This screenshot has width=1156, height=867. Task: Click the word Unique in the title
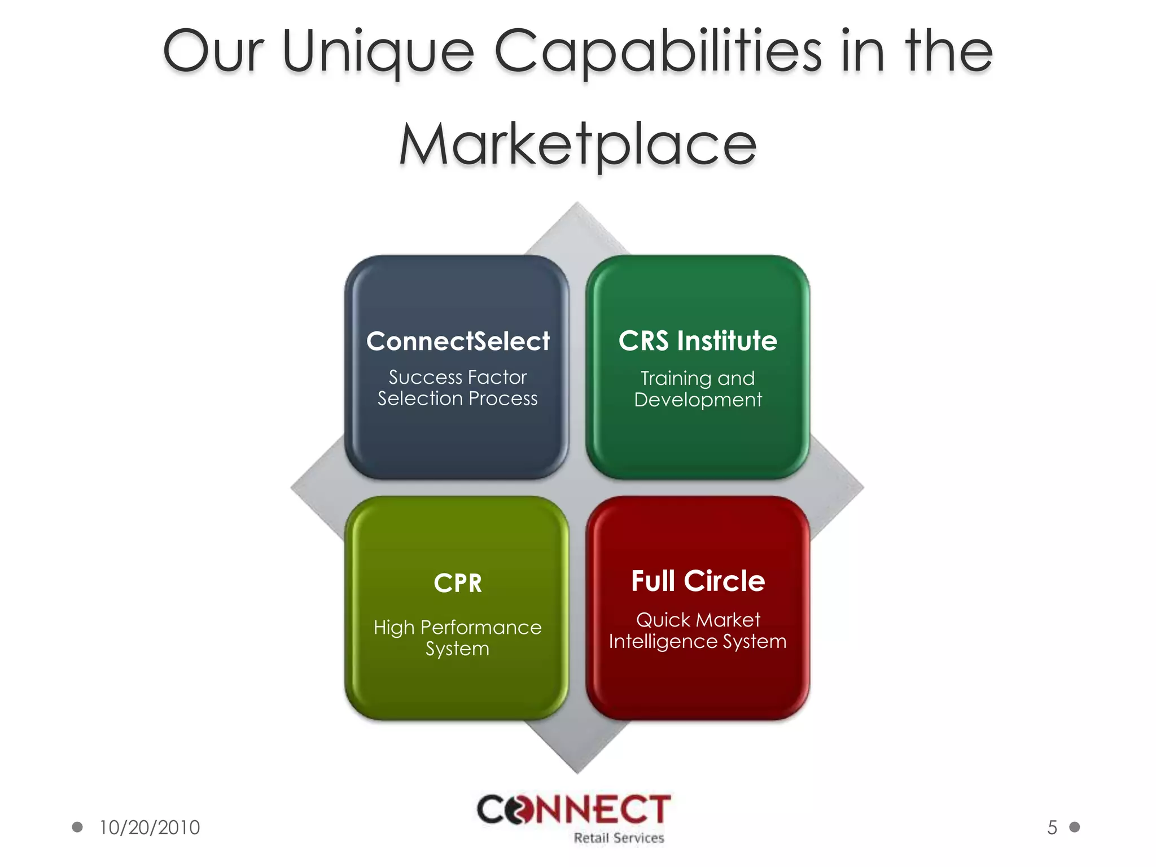pos(378,52)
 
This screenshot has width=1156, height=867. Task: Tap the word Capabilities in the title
pos(658,52)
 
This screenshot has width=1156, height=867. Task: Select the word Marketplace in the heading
pos(577,146)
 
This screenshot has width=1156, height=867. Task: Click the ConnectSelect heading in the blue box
pos(458,341)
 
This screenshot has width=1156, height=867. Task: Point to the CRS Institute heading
pos(698,341)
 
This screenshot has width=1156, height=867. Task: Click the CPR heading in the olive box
pos(458,583)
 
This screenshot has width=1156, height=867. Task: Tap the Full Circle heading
pos(698,581)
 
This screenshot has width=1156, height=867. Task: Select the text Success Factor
pos(458,377)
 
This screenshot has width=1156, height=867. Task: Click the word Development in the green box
pos(698,400)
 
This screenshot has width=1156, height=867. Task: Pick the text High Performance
pos(458,627)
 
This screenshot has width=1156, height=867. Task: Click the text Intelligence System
pos(698,641)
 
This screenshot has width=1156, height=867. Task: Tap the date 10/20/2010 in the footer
pos(150,827)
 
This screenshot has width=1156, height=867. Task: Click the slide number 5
pos(1052,827)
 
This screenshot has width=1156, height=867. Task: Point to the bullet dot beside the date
pos(77,827)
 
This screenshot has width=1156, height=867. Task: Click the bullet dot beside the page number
pos(1075,827)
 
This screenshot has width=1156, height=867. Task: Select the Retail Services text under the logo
pos(619,838)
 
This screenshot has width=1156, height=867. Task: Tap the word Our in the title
pos(213,52)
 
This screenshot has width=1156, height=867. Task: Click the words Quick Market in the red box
pos(698,620)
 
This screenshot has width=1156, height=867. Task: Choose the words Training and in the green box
pos(698,378)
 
